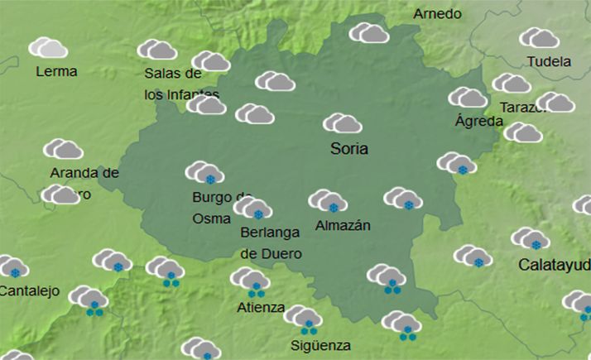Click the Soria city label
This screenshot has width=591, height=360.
coord(348,150)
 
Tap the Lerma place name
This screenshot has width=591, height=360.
coord(56,71)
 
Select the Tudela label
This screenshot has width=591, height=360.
coord(549,61)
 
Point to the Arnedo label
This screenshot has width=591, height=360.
coord(437,15)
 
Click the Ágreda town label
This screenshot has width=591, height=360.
coord(478,121)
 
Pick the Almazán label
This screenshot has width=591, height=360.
coord(343,225)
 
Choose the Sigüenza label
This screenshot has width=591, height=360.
coord(320,345)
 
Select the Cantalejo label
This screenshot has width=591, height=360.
coord(27,290)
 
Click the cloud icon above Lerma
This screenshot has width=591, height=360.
coord(48,47)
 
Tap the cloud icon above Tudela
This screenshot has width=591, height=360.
coord(539,38)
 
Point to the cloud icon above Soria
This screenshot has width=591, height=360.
coord(342,123)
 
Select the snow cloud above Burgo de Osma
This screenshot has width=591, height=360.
coord(204,173)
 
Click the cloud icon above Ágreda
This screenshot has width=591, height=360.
coord(468,98)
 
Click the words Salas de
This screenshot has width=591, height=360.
coord(168,73)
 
